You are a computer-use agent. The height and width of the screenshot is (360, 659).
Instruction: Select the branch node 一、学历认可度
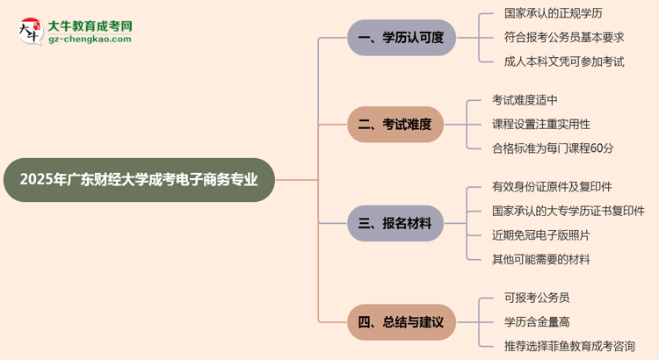click(x=402, y=38)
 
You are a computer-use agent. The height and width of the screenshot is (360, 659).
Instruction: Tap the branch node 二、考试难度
click(x=402, y=125)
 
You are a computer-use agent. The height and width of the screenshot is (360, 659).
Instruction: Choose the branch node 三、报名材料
click(x=402, y=224)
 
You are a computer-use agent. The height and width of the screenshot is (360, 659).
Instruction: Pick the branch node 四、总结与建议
click(x=402, y=322)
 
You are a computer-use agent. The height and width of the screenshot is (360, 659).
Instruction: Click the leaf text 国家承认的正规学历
click(x=554, y=13)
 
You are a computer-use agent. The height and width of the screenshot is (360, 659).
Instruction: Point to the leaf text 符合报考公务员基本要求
click(x=564, y=38)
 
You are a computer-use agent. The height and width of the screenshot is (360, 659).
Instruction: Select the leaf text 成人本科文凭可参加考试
click(x=564, y=61)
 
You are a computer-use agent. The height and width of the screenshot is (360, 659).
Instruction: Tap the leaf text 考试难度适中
click(x=525, y=100)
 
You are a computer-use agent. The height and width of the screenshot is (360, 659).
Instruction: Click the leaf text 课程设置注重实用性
click(x=541, y=125)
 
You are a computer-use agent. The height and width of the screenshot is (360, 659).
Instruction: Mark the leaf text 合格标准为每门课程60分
click(x=553, y=148)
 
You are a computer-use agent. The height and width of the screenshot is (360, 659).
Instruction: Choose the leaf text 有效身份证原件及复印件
click(x=552, y=187)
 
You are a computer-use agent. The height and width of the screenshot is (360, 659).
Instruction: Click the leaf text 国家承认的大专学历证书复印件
click(x=568, y=212)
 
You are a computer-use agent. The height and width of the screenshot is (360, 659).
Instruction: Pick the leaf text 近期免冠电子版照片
click(x=541, y=235)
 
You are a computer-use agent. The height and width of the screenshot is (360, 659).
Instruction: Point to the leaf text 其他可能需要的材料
click(x=541, y=260)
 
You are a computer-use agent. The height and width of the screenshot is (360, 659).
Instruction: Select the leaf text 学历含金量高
click(x=525, y=322)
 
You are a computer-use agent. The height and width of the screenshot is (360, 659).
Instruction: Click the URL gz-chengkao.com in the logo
click(x=91, y=40)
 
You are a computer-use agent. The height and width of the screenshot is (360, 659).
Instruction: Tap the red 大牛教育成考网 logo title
click(x=91, y=26)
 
